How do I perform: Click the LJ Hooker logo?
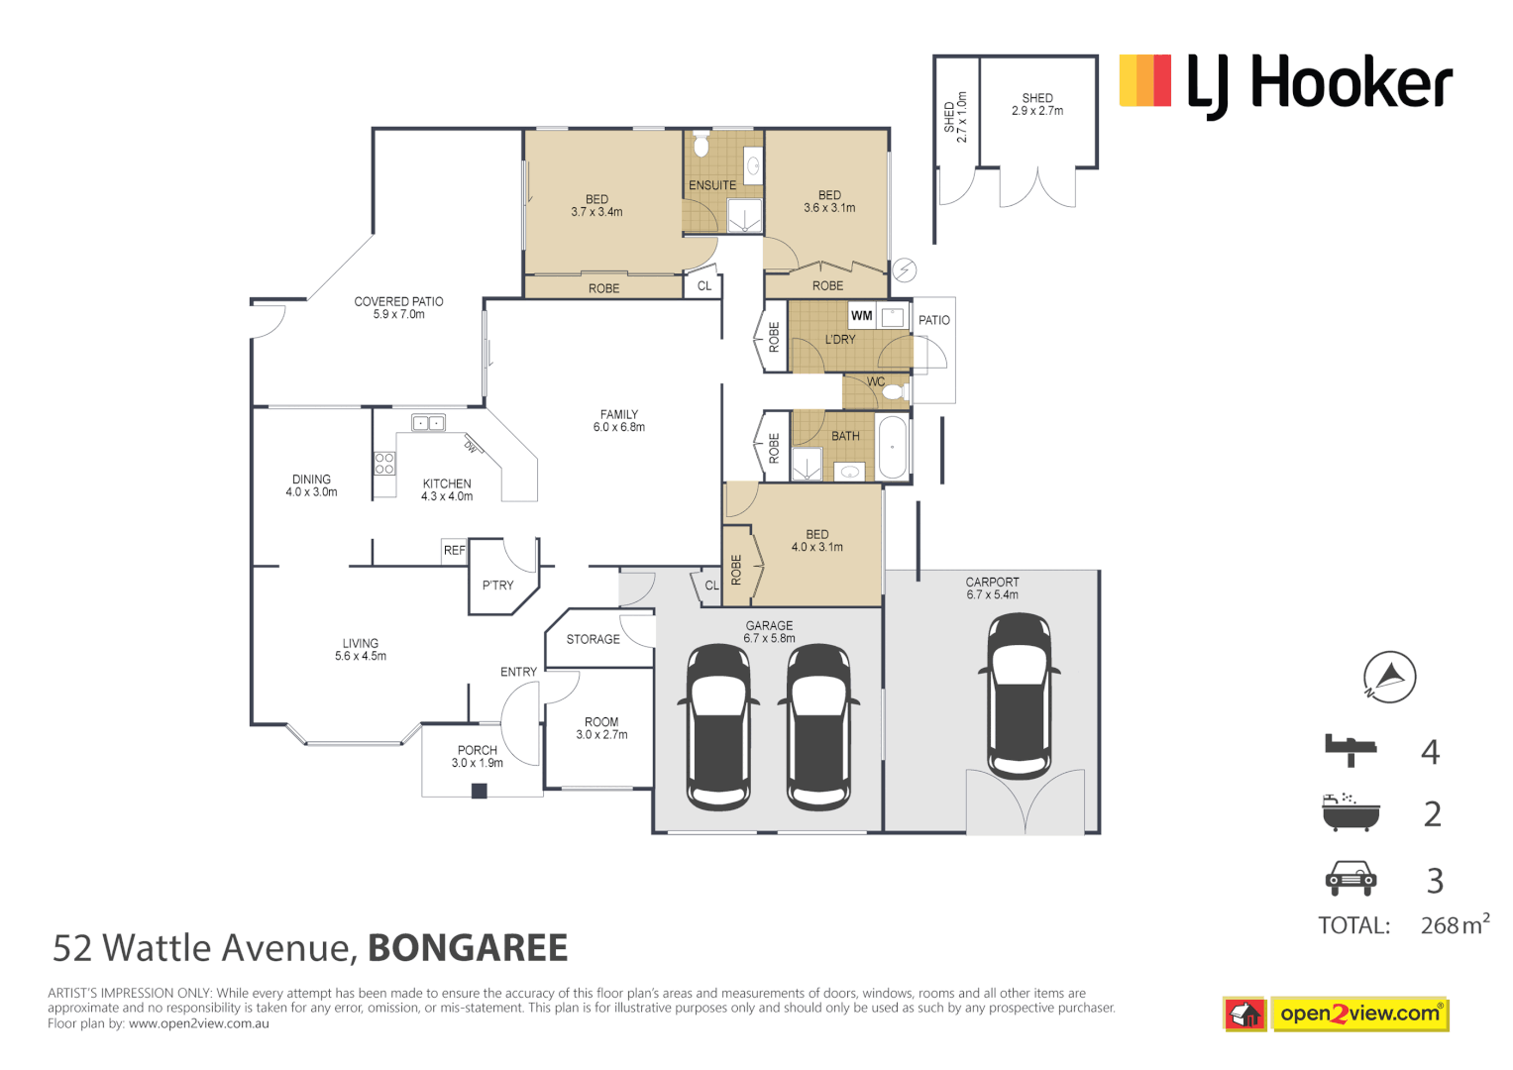pyautogui.click(x=1285, y=83)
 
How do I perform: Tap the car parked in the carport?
pyautogui.click(x=1020, y=695)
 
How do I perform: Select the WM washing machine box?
pyautogui.click(x=861, y=316)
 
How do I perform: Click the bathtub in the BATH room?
pyautogui.click(x=892, y=447)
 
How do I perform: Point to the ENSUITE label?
pyautogui.click(x=712, y=185)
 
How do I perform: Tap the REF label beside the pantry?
pyautogui.click(x=454, y=551)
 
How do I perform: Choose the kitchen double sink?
pyautogui.click(x=428, y=423)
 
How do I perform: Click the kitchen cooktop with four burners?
pyautogui.click(x=384, y=463)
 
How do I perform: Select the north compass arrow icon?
pyautogui.click(x=1389, y=678)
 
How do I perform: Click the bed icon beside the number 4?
pyautogui.click(x=1351, y=750)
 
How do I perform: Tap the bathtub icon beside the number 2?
pyautogui.click(x=1350, y=812)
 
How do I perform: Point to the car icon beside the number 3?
pyautogui.click(x=1351, y=878)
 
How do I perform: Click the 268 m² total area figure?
pyautogui.click(x=1454, y=924)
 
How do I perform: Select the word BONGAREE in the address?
pyautogui.click(x=468, y=948)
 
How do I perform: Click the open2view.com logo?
pyautogui.click(x=1358, y=1014)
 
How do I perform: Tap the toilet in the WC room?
pyautogui.click(x=893, y=392)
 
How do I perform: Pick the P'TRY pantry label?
pyautogui.click(x=497, y=586)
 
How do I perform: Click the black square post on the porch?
pyautogui.click(x=480, y=791)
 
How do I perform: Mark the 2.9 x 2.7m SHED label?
pyautogui.click(x=1037, y=105)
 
